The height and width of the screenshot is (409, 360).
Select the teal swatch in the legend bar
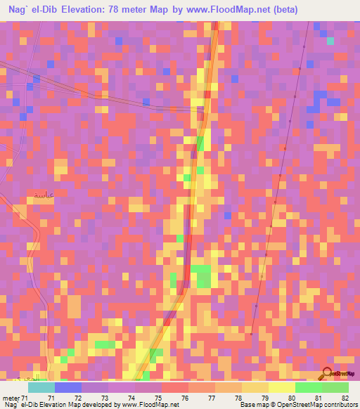click(x=41, y=387)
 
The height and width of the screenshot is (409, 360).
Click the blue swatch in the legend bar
click(x=68, y=387)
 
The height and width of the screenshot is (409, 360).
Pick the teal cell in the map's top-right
click(x=330, y=40)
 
